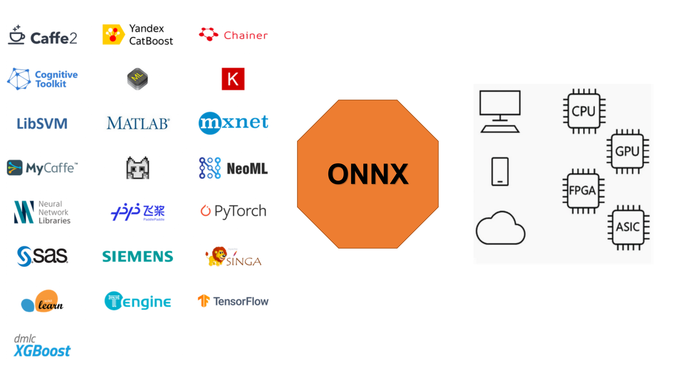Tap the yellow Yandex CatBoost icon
(x=113, y=34)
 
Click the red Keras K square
(x=233, y=79)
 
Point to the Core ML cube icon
(x=137, y=79)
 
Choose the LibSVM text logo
(x=42, y=124)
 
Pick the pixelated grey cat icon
(x=138, y=168)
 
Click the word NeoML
(x=247, y=169)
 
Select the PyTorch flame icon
(x=206, y=211)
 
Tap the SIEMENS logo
(x=138, y=256)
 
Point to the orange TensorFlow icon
(x=203, y=301)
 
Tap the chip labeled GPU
(x=628, y=151)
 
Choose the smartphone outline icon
(x=500, y=171)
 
